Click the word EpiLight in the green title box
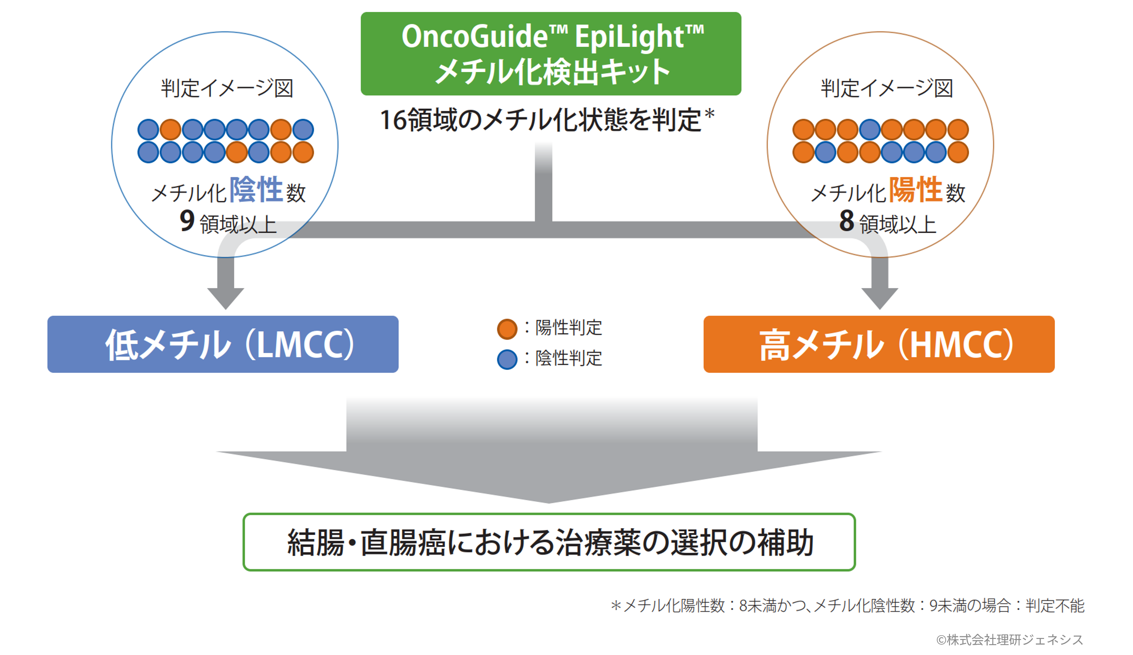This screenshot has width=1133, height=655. tap(629, 37)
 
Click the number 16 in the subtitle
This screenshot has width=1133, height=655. tap(394, 121)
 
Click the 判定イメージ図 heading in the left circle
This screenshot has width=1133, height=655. tap(227, 88)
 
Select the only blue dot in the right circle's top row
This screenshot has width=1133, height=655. tap(870, 130)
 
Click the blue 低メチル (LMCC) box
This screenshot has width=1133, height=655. tap(223, 344)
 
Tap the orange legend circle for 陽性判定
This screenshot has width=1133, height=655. tap(507, 329)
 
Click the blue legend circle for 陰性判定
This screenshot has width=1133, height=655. tap(507, 359)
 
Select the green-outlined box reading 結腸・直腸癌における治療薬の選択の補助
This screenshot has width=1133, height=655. tap(549, 542)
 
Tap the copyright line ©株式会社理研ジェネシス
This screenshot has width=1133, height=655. tap(1009, 640)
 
